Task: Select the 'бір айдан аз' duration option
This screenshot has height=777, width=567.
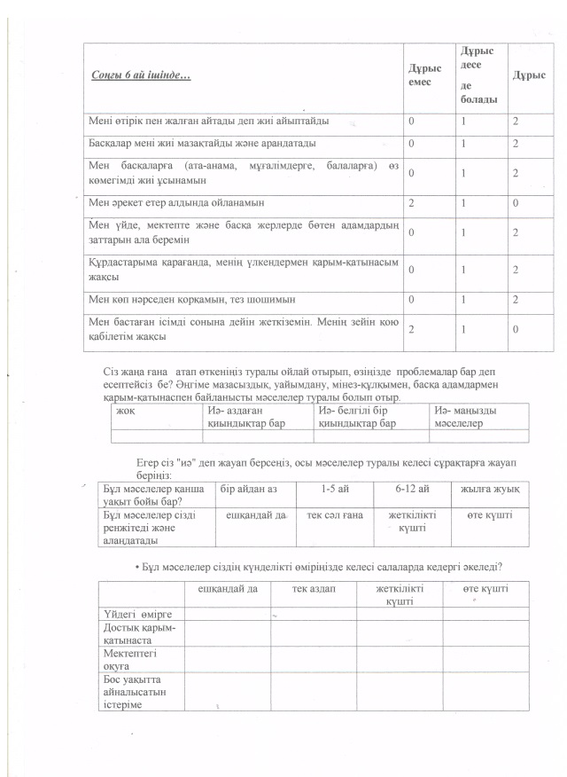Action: [x=248, y=489]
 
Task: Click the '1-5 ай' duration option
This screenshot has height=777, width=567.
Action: [x=332, y=489]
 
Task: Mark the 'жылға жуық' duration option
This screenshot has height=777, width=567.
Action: [x=489, y=489]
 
